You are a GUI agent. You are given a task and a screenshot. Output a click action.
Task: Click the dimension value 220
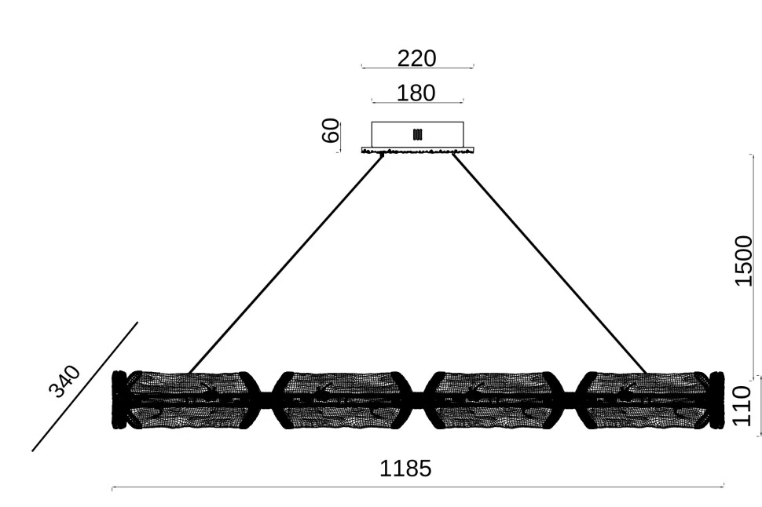pos(416,58)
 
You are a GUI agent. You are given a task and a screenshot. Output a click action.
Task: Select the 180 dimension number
pos(416,93)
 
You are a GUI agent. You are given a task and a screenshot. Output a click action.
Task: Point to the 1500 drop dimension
pos(743,261)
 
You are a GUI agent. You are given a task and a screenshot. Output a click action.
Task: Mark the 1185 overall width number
pos(405,469)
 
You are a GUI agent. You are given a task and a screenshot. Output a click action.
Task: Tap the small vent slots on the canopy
pos(417,133)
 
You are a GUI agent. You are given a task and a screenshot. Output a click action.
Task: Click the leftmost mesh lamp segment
pos(190,399)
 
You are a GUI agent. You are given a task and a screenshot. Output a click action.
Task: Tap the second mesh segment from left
pos(342,399)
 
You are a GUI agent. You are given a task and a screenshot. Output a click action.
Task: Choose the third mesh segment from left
pos(494,399)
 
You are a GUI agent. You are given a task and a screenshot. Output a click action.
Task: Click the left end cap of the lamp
pos(119,399)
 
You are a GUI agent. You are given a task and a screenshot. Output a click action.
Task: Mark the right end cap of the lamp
pos(716,399)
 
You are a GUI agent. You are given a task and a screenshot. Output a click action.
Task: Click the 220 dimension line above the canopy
pos(417,67)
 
